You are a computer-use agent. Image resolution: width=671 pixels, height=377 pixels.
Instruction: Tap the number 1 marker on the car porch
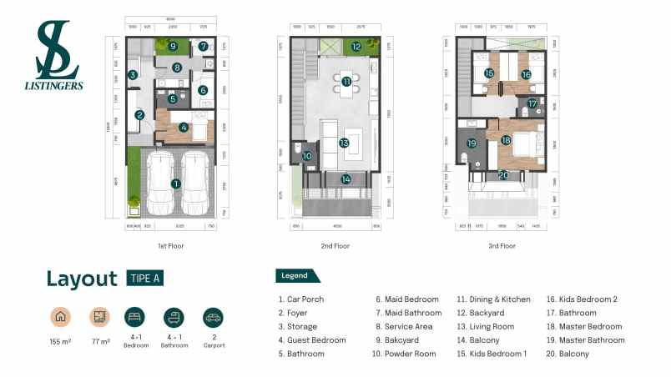click(x=175, y=183)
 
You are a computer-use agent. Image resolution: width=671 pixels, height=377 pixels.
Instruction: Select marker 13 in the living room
click(x=343, y=143)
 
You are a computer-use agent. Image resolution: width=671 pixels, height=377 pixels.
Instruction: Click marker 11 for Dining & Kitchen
click(x=346, y=81)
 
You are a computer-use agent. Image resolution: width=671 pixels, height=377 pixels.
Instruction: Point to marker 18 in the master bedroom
click(x=506, y=140)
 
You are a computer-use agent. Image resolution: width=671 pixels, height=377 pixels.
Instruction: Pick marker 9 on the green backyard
click(x=173, y=46)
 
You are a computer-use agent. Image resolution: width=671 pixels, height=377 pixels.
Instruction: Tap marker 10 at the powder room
click(x=306, y=156)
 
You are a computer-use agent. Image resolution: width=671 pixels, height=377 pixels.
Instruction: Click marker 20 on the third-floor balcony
click(x=502, y=174)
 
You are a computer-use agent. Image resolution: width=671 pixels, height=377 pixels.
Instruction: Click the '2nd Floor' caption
click(x=335, y=246)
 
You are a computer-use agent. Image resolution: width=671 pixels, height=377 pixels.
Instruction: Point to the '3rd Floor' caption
click(x=502, y=246)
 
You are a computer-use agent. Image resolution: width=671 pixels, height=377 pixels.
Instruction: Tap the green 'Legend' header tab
click(x=295, y=275)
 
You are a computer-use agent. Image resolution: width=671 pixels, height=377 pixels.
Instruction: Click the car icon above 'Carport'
click(x=213, y=318)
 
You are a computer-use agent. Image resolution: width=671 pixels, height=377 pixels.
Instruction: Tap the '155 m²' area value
click(x=59, y=342)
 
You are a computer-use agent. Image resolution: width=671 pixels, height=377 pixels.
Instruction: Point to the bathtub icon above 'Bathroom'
click(x=174, y=318)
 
